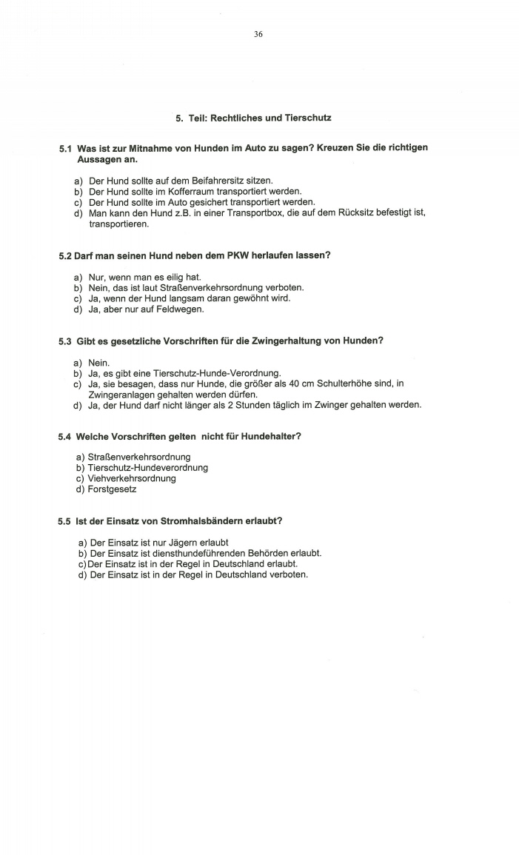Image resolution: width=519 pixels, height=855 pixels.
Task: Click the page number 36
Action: click(x=258, y=34)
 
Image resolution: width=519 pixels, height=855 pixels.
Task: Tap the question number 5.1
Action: click(x=65, y=148)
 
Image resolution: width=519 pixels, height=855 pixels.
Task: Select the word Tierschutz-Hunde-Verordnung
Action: click(x=201, y=373)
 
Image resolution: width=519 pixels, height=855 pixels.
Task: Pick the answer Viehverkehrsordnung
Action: click(x=132, y=478)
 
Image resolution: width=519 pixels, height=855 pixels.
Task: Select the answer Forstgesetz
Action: click(x=112, y=489)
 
